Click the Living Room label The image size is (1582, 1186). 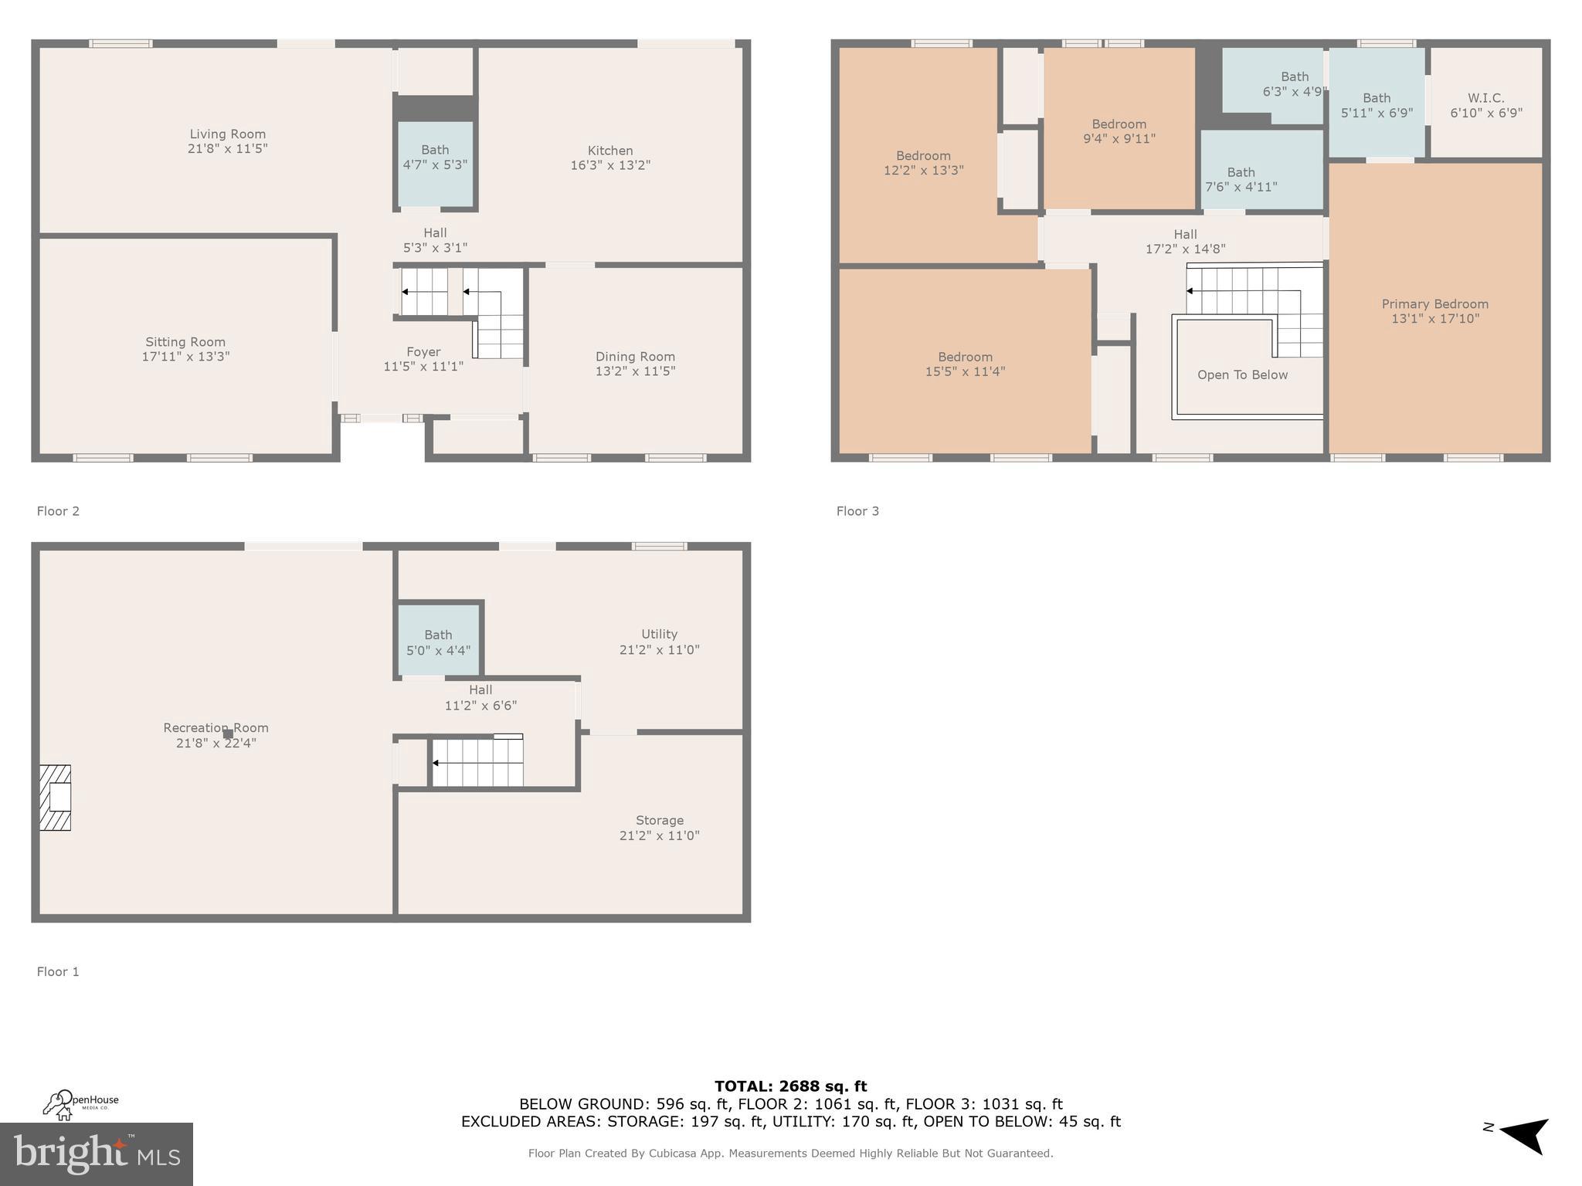(x=227, y=134)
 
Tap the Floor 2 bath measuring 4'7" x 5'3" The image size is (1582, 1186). (x=435, y=158)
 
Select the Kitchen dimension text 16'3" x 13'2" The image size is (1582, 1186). (x=610, y=165)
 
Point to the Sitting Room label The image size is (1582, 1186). (x=185, y=342)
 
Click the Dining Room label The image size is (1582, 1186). (x=635, y=357)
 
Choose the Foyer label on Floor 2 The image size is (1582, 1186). (x=423, y=352)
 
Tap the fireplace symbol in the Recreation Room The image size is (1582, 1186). (x=56, y=798)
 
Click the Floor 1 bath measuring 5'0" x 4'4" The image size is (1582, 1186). (x=438, y=642)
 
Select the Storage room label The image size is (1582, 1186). (x=659, y=820)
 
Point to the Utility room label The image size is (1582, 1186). (x=659, y=634)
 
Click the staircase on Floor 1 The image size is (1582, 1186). (x=477, y=763)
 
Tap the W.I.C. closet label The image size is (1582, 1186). (x=1485, y=98)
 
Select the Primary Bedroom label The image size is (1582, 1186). (x=1434, y=304)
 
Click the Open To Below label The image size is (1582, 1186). (x=1242, y=375)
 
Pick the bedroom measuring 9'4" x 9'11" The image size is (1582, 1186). (x=1119, y=131)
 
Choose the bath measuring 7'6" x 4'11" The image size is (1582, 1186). (x=1241, y=179)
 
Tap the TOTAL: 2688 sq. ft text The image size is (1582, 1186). (x=790, y=1086)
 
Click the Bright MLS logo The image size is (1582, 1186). (x=97, y=1154)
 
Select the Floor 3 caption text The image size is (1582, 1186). (x=857, y=511)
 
